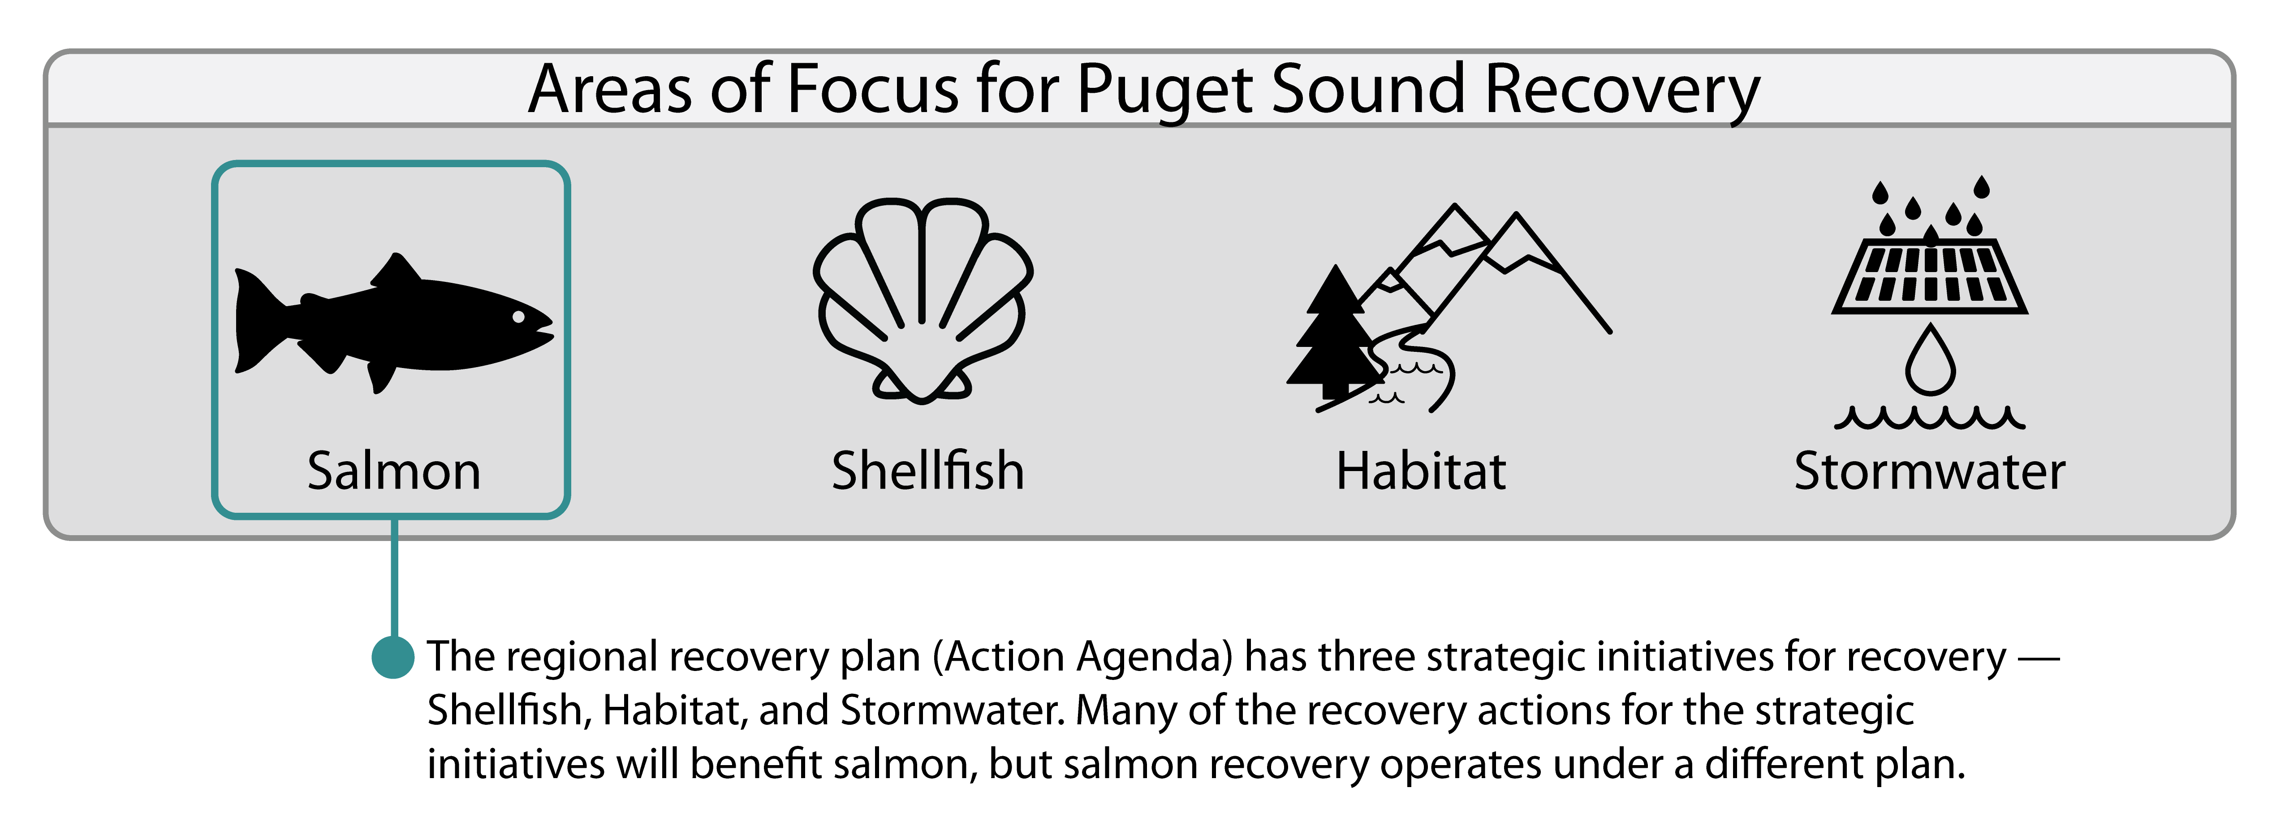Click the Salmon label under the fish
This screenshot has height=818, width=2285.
(394, 471)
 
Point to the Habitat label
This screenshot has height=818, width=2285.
(1421, 471)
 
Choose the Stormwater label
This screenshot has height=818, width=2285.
(1929, 471)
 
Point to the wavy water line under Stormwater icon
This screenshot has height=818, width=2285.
(1929, 417)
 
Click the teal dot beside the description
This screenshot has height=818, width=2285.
(393, 658)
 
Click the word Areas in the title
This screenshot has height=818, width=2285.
(609, 90)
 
